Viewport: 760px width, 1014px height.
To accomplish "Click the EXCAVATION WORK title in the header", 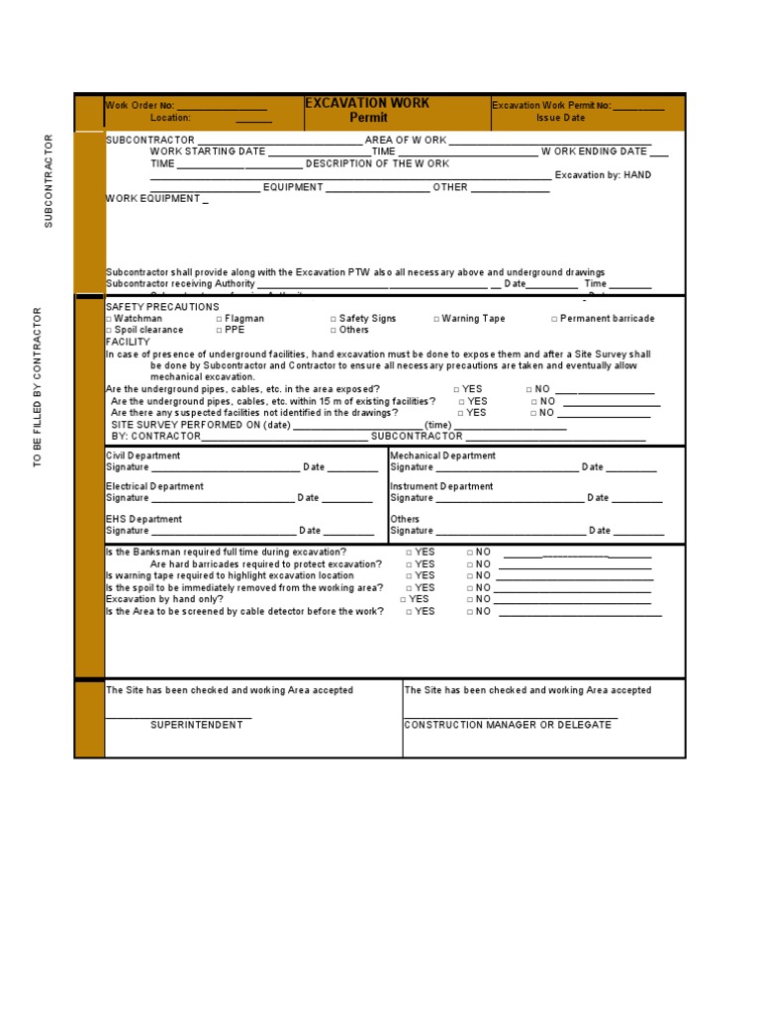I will [x=366, y=103].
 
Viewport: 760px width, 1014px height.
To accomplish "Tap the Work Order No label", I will [x=141, y=105].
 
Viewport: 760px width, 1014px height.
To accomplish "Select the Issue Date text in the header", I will [x=561, y=118].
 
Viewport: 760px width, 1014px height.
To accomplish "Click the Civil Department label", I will [x=143, y=456].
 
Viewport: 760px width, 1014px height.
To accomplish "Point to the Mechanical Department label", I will [x=442, y=456].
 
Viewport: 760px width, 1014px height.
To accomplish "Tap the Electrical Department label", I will [x=154, y=486].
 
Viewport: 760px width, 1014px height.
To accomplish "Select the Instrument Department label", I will [x=441, y=486].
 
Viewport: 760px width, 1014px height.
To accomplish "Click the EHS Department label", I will [x=143, y=519].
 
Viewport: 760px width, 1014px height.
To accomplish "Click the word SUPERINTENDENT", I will [x=196, y=725].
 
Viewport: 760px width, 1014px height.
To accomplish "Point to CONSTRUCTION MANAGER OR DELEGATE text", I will [x=508, y=725].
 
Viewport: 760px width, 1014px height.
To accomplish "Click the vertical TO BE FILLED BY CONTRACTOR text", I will [x=38, y=387].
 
